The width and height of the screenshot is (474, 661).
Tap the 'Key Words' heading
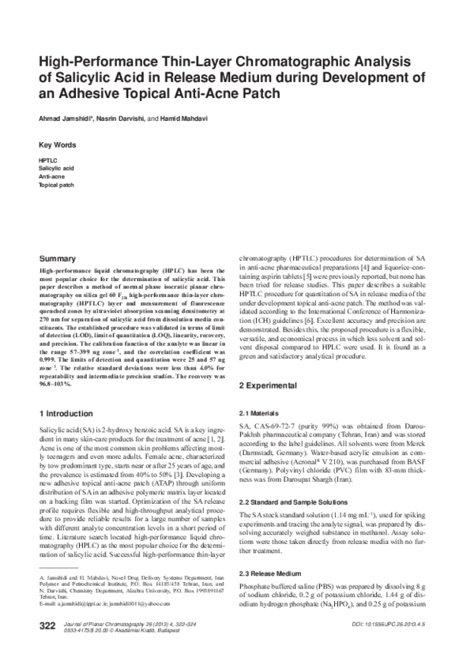pyautogui.click(x=58, y=145)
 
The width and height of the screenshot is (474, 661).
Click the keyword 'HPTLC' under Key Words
pyautogui.click(x=48, y=161)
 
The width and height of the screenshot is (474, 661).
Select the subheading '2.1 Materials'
pyautogui.click(x=261, y=414)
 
